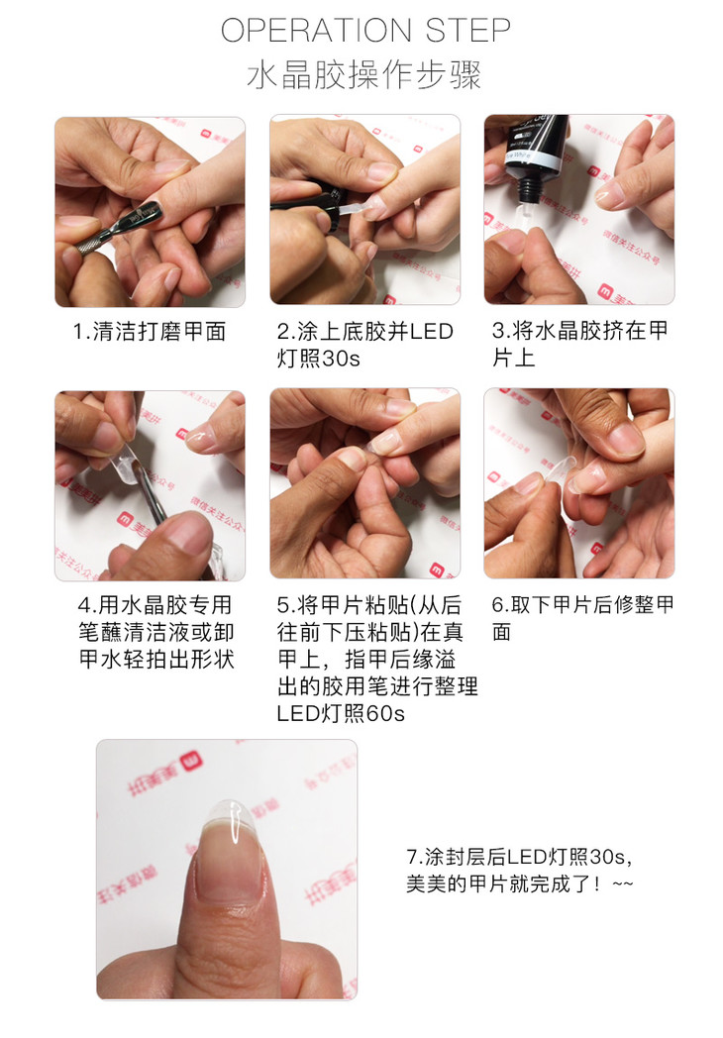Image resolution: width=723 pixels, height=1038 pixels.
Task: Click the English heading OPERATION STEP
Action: pos(365,31)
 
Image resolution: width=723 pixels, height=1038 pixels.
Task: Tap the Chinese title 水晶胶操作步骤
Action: pos(364,75)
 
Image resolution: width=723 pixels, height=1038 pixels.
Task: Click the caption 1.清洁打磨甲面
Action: pos(150,331)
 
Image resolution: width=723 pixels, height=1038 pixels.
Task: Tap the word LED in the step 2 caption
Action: pos(432,331)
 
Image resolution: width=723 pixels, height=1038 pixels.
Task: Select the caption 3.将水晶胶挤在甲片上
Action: pos(580,345)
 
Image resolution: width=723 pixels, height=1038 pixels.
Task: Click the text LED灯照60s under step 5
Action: pos(341,713)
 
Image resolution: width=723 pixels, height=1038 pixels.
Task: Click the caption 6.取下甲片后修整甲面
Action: pos(582,618)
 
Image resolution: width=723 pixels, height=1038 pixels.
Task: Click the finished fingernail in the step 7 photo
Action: pos(231,854)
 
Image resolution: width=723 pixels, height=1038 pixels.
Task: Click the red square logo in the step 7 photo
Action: pos(192,762)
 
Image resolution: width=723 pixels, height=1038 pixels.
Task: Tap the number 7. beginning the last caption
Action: pos(414,857)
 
